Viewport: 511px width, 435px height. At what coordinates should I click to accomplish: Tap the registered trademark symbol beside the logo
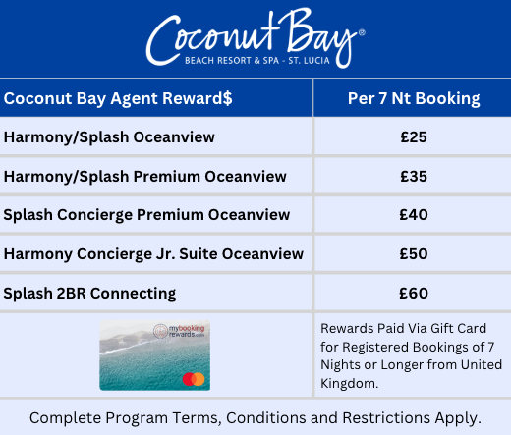coord(362,32)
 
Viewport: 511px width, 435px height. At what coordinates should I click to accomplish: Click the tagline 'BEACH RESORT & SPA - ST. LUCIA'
coord(257,61)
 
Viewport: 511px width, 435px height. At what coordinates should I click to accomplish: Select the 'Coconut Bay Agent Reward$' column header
coord(118,98)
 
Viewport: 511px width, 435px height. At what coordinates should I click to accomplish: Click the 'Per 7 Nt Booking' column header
coord(414,98)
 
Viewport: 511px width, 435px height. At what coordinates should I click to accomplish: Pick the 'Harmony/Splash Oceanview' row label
coord(109,137)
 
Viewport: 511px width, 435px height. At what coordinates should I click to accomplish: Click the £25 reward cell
coord(414,137)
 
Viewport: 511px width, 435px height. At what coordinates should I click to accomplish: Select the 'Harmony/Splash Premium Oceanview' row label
coord(145,177)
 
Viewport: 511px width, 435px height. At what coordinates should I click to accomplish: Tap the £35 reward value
coord(414,177)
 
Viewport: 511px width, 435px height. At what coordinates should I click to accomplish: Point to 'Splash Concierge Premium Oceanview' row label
coord(146,215)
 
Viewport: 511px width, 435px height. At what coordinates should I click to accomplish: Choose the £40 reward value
coord(414,215)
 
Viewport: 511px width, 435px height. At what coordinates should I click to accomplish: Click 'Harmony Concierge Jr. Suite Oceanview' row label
coord(153,254)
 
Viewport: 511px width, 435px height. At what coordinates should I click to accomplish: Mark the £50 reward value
coord(414,254)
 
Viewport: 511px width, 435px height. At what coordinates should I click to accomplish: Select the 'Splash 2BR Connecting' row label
coord(89,294)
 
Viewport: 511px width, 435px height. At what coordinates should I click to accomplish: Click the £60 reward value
coord(414,293)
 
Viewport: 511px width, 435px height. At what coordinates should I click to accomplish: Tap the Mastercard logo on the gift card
coord(194,379)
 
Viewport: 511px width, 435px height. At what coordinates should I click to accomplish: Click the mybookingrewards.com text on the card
coord(179,331)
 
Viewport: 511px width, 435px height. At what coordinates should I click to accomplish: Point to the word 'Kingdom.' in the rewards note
coord(349,383)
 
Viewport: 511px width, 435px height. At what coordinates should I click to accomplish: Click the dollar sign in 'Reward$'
coord(228,98)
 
